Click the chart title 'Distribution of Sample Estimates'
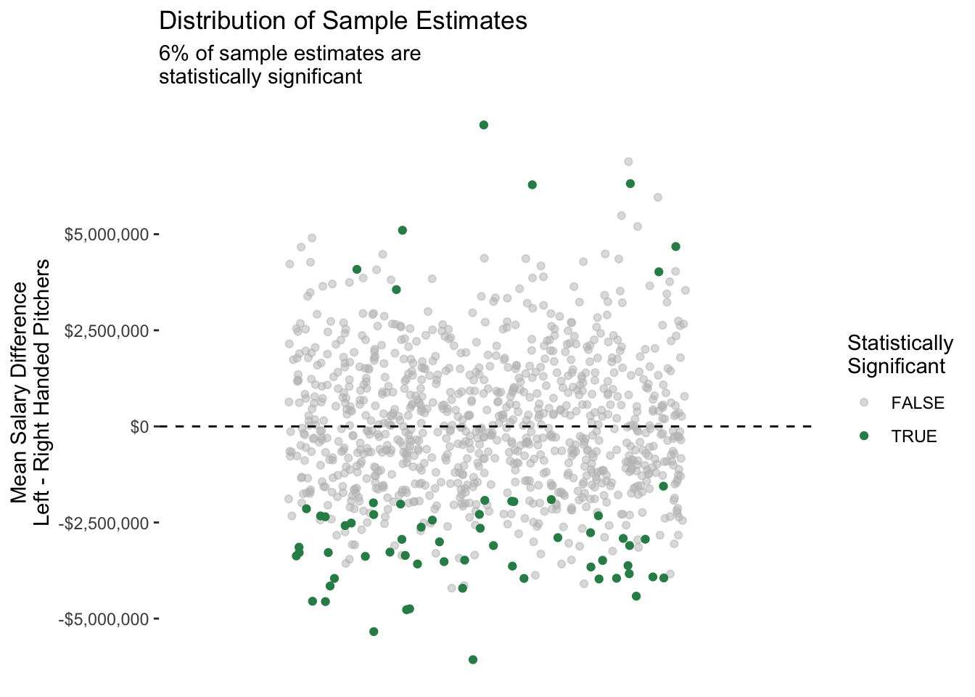point(342,21)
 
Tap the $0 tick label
point(139,427)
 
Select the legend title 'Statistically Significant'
point(900,354)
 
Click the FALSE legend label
point(918,403)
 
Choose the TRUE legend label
point(914,436)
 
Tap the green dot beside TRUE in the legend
point(863,436)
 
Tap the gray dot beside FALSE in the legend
point(863,403)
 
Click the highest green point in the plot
point(484,125)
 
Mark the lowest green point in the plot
point(473,659)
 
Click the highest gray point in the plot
point(628,162)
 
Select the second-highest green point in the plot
point(630,184)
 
